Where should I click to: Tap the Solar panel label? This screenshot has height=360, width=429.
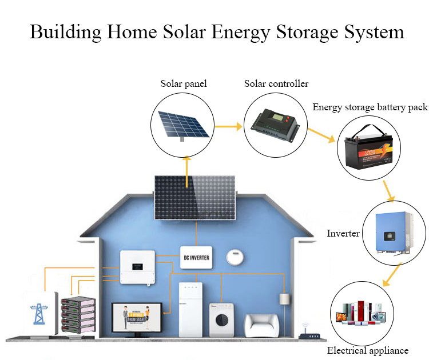click(x=183, y=84)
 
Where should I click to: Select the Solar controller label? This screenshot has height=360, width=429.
click(x=276, y=84)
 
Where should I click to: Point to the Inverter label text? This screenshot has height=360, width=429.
click(x=343, y=234)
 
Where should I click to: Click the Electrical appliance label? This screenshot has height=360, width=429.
click(x=367, y=350)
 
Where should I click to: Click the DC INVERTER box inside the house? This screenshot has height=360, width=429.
click(x=195, y=258)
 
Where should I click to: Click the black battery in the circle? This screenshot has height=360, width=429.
click(x=364, y=151)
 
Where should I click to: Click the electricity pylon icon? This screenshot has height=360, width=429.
click(x=41, y=313)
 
